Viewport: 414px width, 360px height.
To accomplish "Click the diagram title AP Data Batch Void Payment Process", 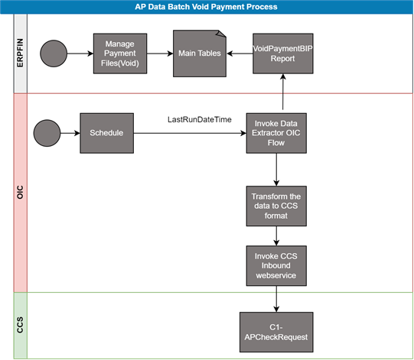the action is pyautogui.click(x=206, y=7).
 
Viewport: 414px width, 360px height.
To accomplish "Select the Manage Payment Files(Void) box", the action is pyautogui.click(x=120, y=54).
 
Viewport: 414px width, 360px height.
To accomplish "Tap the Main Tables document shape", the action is pyautogui.click(x=200, y=54).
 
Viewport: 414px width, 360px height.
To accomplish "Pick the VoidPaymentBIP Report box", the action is pyautogui.click(x=283, y=54).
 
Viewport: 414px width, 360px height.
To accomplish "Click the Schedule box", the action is pyautogui.click(x=106, y=133).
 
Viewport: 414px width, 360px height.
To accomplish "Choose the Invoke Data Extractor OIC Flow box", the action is pyautogui.click(x=276, y=133).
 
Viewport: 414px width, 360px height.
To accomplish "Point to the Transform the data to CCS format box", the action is pyautogui.click(x=276, y=206).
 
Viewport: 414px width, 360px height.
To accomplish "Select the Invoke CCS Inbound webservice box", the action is pyautogui.click(x=276, y=265).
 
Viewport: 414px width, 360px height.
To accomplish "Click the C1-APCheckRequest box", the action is pyautogui.click(x=276, y=332).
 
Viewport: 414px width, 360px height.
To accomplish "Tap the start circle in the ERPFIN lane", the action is pyautogui.click(x=54, y=54).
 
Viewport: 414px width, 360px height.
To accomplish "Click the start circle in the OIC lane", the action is pyautogui.click(x=47, y=133).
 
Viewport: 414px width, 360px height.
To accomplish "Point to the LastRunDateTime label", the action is pyautogui.click(x=200, y=119).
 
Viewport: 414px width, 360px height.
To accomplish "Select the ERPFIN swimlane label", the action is pyautogui.click(x=20, y=53).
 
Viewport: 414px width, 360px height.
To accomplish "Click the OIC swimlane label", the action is pyautogui.click(x=20, y=193).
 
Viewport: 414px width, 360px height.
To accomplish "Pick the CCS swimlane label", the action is pyautogui.click(x=20, y=325).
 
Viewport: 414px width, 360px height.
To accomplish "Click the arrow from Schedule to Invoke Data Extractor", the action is pyautogui.click(x=190, y=133).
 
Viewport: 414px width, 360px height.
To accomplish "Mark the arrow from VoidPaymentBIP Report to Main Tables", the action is pyautogui.click(x=240, y=54).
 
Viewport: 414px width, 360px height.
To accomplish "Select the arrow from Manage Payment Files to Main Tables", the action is pyautogui.click(x=160, y=54).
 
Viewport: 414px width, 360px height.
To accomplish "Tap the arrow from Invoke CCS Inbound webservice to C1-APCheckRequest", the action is pyautogui.click(x=276, y=299).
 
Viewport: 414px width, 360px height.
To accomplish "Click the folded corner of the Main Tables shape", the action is pyautogui.click(x=221, y=34).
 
